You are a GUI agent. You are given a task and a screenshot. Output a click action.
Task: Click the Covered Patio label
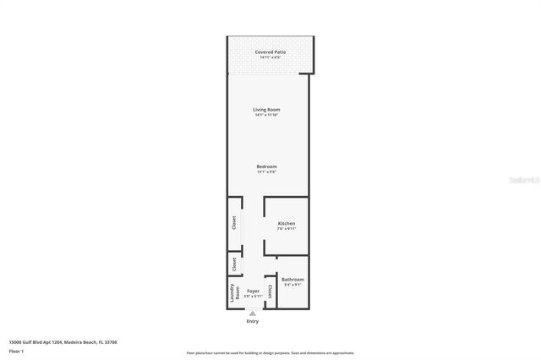click(270, 52)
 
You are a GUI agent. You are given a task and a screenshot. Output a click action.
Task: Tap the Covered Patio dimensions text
click(270, 57)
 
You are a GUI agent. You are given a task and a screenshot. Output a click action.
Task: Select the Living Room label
click(266, 110)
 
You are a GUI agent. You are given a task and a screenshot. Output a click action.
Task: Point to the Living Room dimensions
click(266, 116)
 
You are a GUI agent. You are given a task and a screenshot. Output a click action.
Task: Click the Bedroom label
click(266, 166)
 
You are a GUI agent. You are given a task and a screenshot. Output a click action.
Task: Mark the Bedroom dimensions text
click(266, 172)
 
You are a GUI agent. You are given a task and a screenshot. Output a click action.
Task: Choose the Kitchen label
click(287, 223)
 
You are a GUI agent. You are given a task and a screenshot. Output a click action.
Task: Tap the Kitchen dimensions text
click(287, 229)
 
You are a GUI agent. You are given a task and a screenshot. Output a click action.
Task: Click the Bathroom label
click(292, 279)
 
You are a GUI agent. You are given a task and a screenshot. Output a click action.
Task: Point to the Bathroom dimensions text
click(292, 285)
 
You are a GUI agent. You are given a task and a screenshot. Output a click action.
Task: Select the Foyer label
click(253, 291)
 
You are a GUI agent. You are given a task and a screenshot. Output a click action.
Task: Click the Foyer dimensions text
click(253, 297)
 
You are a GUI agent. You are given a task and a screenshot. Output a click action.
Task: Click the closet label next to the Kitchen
click(234, 223)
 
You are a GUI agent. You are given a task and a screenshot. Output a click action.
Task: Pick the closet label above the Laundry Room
click(234, 265)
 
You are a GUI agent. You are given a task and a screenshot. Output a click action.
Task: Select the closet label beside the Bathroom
click(270, 291)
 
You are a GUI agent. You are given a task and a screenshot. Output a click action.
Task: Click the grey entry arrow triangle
click(252, 314)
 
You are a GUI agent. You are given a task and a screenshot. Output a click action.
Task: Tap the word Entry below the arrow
click(252, 321)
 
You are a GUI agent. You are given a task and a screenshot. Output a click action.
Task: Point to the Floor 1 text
click(16, 350)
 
